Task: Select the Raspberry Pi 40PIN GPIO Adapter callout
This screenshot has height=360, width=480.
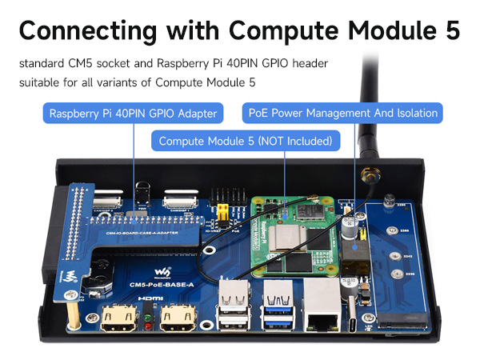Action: [x=133, y=114]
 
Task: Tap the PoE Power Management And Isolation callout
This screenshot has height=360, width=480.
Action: [x=343, y=114]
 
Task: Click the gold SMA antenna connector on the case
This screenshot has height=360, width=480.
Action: [x=370, y=177]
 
